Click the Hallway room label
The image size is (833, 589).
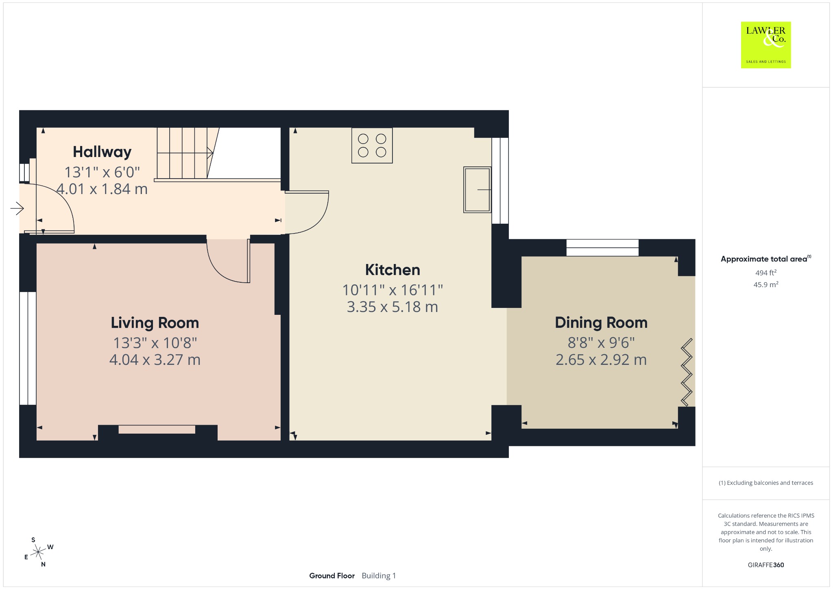[102, 152]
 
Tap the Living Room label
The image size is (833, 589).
[155, 323]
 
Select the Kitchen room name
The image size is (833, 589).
[393, 270]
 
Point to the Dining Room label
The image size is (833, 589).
[601, 323]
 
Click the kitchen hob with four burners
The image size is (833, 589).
[372, 146]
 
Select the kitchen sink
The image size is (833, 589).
[477, 190]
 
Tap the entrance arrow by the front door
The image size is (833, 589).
[17, 209]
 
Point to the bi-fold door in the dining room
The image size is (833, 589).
[687, 372]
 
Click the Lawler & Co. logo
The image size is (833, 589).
[766, 45]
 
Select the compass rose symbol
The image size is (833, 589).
[38, 552]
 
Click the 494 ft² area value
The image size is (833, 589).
[766, 273]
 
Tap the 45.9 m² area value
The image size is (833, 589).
[766, 284]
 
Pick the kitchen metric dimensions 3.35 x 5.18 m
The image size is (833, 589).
[393, 307]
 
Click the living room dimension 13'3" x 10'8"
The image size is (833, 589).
[155, 343]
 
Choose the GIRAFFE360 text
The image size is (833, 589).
[766, 565]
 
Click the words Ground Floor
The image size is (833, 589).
[332, 576]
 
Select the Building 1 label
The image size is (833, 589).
[379, 576]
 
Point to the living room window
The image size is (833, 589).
[28, 348]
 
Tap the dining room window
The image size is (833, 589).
[602, 248]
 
